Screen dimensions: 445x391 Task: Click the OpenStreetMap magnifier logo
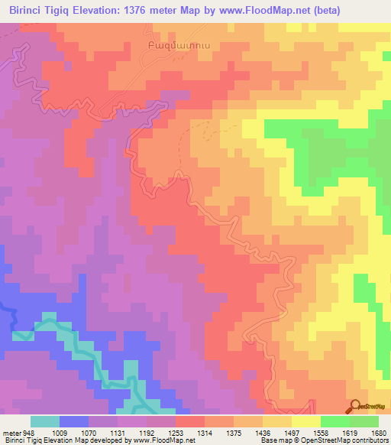click(355, 406)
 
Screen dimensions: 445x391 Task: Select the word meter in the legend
click(11, 432)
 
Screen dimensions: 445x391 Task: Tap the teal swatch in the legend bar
click(45, 421)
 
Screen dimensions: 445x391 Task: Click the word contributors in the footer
click(370, 441)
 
